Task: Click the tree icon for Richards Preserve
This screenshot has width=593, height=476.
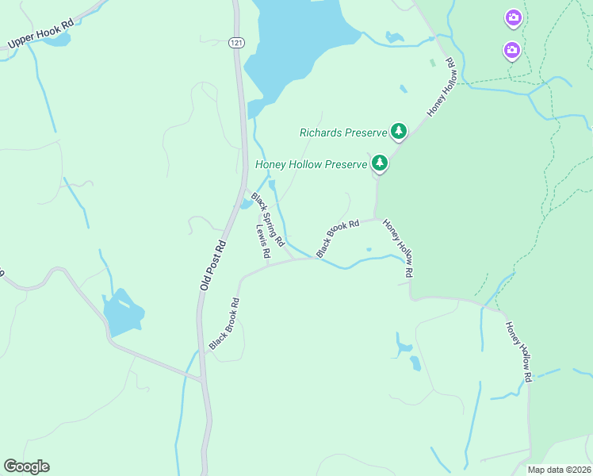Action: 398,131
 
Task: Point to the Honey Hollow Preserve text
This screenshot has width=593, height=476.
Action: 312,165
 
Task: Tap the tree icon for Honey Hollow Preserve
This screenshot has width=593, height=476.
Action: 381,163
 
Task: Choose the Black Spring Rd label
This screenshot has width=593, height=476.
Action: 268,213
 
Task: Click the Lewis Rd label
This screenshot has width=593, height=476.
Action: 263,241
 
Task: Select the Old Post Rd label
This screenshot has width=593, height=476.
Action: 213,264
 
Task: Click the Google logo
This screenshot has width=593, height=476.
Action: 26,466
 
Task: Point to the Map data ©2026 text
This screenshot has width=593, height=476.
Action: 558,470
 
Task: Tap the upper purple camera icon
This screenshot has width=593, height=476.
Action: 514,17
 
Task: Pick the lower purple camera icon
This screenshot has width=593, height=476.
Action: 512,51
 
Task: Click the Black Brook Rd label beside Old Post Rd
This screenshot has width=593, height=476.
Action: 224,324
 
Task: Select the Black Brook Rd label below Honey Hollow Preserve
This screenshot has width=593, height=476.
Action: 338,238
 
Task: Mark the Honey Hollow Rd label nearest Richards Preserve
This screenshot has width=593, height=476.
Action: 442,87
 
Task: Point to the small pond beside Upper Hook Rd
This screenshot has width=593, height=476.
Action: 57,40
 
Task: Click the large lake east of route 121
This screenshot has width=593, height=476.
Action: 293,40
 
